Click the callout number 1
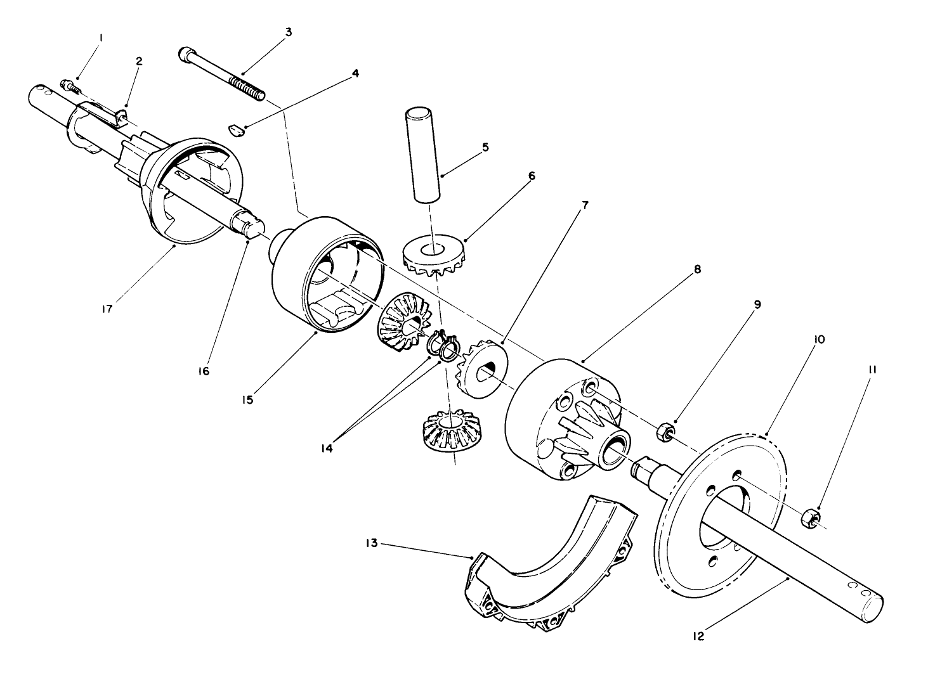100,39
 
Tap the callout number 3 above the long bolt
288,32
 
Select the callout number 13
372,543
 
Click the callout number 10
818,340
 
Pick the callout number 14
327,448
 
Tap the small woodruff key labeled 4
234,130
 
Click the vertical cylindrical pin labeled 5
422,155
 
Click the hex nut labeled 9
663,433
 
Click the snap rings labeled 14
443,345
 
